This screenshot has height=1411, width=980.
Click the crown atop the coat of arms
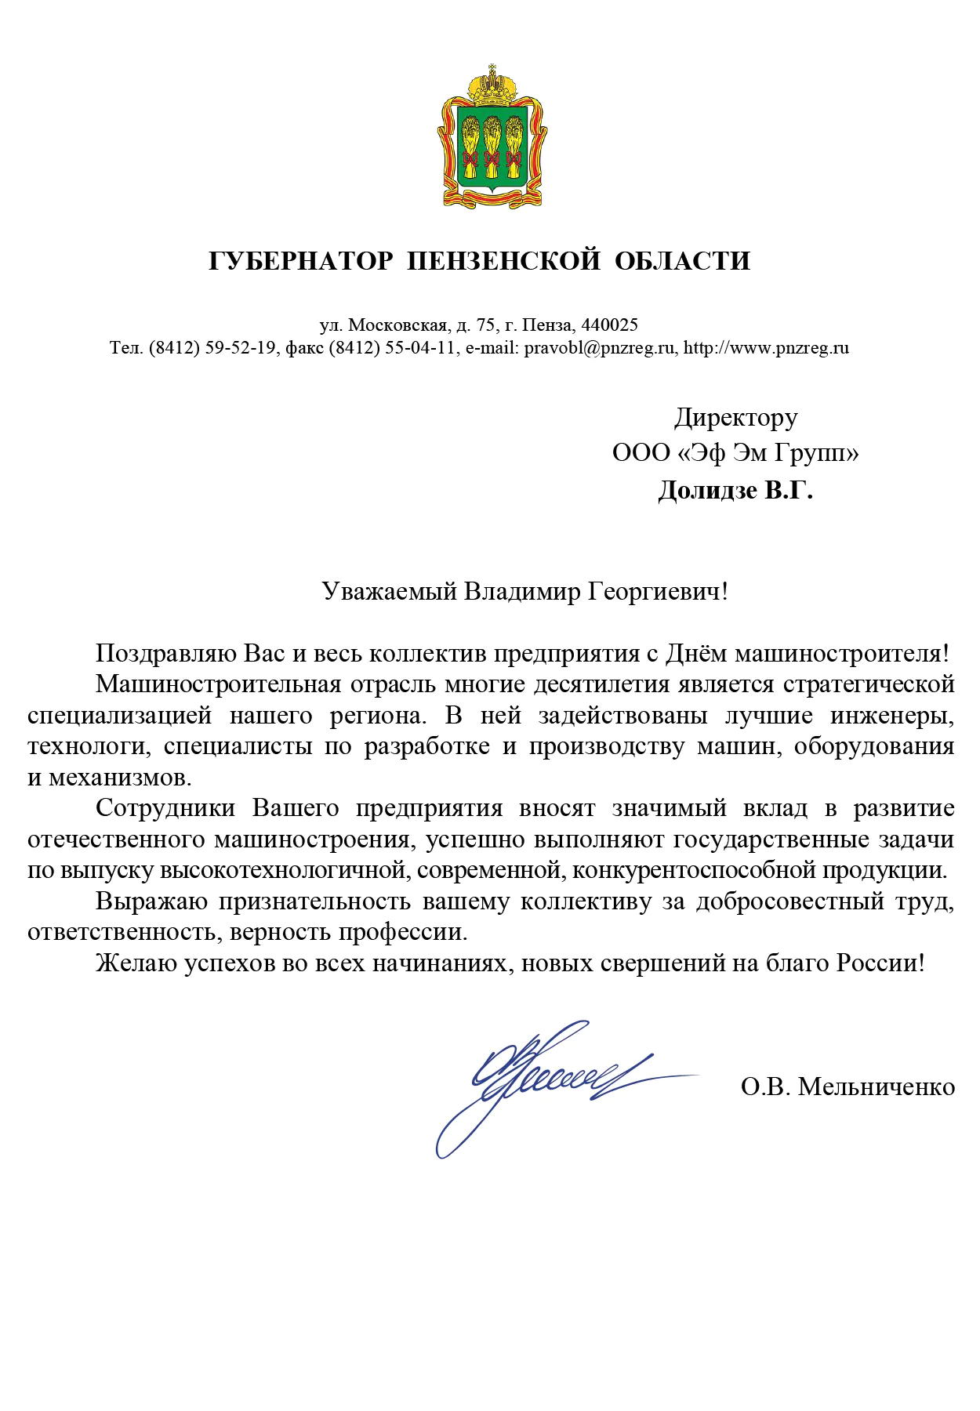[x=492, y=82]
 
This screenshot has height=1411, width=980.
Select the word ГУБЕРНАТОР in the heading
[x=301, y=260]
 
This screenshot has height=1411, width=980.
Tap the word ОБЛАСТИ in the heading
[x=682, y=260]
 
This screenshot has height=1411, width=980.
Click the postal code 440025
[x=610, y=325]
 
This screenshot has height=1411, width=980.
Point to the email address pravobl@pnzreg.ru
[x=600, y=347]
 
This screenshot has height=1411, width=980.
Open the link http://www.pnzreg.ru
[x=766, y=347]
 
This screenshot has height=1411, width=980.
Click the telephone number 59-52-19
[x=240, y=347]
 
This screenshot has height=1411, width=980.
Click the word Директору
[x=735, y=417]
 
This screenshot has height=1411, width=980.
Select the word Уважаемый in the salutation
[x=389, y=591]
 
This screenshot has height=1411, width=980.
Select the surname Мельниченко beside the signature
[x=876, y=1086]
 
